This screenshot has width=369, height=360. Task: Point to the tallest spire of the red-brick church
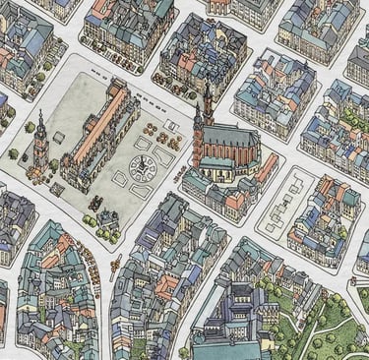208,103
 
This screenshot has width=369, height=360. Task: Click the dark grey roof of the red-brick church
231,144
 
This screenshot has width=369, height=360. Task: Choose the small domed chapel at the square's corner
108,218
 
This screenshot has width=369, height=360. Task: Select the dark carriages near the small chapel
96,204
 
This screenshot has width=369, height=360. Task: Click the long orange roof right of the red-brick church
266,169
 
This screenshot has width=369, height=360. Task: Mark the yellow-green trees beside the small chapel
91,222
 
